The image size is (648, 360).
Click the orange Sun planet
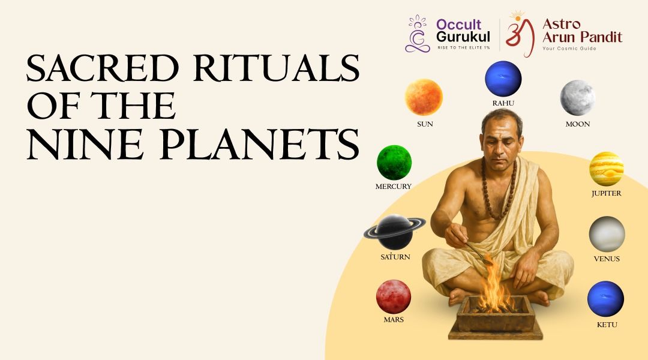pos(424,97)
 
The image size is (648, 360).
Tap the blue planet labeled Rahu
pos(503,79)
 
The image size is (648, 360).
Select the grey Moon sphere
pos(577,98)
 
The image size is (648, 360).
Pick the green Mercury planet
pos(394,163)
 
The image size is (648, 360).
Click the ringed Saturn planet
pos(395,232)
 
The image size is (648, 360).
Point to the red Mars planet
pos(394,297)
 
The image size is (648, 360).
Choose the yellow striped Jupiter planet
pos(606,169)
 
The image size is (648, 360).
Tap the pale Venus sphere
pos(607,234)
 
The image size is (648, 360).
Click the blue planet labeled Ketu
pos(606,299)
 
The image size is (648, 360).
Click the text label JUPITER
pos(606,193)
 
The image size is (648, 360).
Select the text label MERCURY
pos(394,187)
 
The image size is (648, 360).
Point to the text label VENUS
pos(607,259)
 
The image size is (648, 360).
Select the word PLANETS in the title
pos(260,144)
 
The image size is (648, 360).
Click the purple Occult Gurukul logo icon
pos(418,34)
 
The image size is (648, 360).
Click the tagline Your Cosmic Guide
pos(569,49)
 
